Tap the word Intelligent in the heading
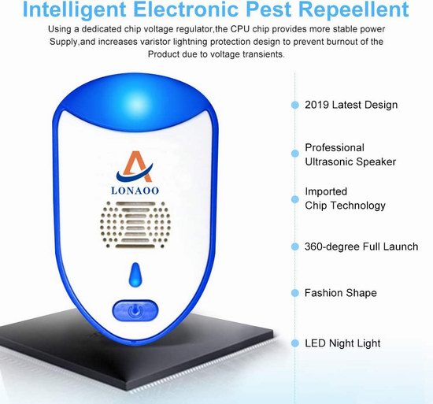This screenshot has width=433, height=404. click(74, 10)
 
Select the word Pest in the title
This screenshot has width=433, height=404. click(268, 9)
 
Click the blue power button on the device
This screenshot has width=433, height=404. click(135, 310)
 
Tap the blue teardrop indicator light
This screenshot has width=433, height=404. click(135, 275)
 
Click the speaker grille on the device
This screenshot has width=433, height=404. click(135, 224)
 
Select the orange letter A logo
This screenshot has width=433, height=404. click(135, 166)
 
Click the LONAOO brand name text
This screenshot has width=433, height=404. click(135, 191)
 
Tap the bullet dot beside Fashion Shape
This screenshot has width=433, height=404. click(295, 293)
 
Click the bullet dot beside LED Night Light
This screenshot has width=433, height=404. click(295, 343)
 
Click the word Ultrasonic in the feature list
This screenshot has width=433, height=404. click(327, 161)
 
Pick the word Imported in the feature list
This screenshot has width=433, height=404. click(326, 191)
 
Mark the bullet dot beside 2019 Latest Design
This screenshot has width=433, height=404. click(295, 105)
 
